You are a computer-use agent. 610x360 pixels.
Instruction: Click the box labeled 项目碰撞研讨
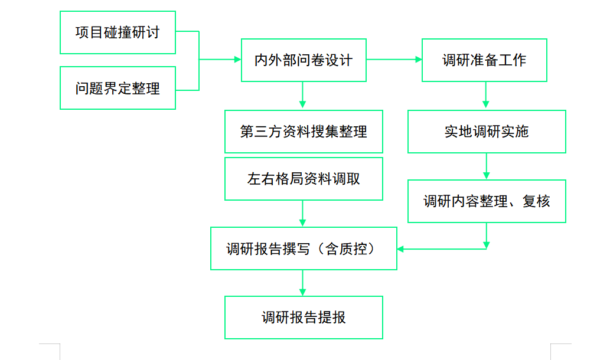118,32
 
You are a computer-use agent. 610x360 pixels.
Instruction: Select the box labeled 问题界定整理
118,88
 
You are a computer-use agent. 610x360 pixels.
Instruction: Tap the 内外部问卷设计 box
304,60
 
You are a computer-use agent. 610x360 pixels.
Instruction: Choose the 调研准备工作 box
484,60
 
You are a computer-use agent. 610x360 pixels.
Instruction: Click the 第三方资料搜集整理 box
304,132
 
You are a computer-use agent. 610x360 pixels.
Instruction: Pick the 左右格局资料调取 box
304,179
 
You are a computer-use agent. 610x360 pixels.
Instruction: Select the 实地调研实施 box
487,132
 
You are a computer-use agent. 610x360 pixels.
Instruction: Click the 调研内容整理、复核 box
487,201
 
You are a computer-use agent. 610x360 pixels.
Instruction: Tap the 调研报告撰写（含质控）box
304,248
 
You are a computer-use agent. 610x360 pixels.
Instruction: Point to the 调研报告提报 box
304,318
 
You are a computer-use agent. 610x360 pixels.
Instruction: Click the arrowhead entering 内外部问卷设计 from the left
237,60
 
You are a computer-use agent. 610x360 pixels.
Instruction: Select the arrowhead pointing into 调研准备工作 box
418,60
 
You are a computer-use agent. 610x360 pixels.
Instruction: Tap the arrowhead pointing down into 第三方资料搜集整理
303,105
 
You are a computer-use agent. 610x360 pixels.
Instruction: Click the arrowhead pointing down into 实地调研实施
486,105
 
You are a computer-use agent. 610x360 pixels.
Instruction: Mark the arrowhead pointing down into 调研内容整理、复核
486,175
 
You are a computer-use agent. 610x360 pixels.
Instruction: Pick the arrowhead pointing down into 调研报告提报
303,292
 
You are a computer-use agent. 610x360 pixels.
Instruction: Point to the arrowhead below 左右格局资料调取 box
303,222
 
